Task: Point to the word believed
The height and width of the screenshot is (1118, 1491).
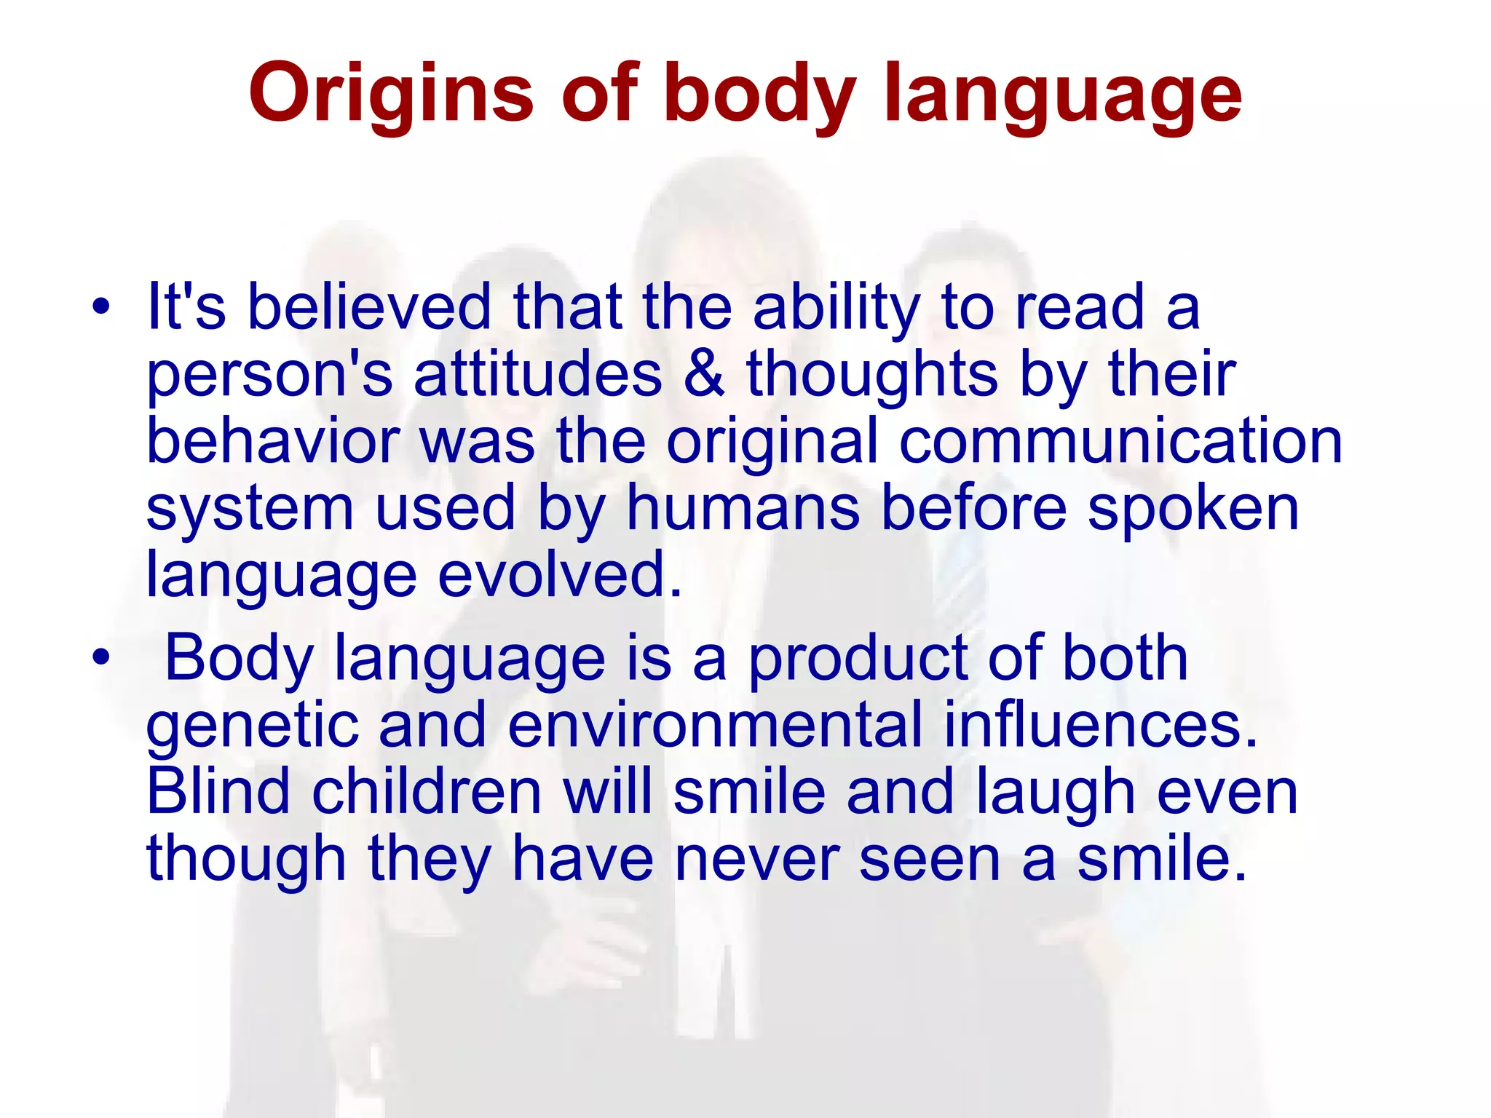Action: tap(370, 306)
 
